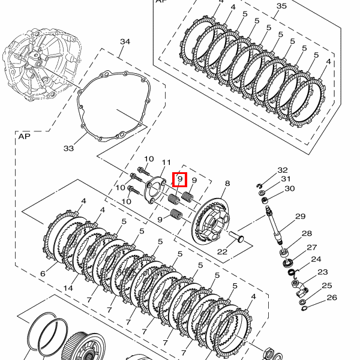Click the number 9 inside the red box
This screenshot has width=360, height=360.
[180, 179]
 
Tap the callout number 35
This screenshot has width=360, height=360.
[281, 5]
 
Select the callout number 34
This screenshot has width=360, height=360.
[125, 41]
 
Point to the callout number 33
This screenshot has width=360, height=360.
[68, 149]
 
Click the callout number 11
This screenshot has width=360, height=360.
[166, 163]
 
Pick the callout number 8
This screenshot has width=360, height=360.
[227, 183]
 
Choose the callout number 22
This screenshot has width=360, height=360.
[222, 252]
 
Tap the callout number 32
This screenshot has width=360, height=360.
[283, 170]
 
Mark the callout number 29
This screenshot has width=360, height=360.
[301, 216]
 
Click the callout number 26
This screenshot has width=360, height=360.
[332, 298]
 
